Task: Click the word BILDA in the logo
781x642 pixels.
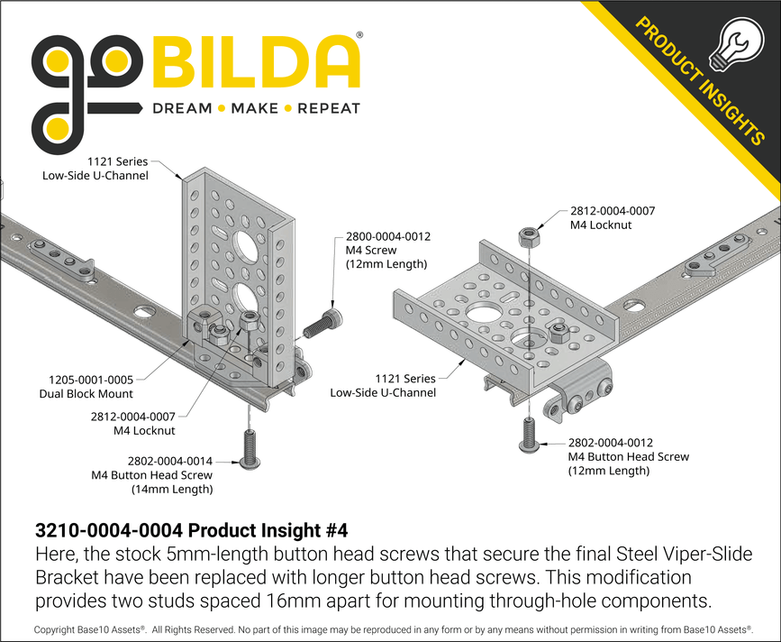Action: [x=257, y=62]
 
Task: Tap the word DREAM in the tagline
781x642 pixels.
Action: [x=181, y=108]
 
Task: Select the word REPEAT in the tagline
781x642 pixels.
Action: [x=329, y=108]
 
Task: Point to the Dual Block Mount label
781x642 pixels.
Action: [x=86, y=393]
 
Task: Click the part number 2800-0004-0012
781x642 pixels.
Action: [x=388, y=237]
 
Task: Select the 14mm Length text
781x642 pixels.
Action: [x=172, y=490]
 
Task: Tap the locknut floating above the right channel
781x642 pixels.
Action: [x=528, y=238]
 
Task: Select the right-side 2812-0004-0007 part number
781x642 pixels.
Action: [x=613, y=210]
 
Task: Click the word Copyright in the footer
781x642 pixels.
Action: [x=56, y=628]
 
